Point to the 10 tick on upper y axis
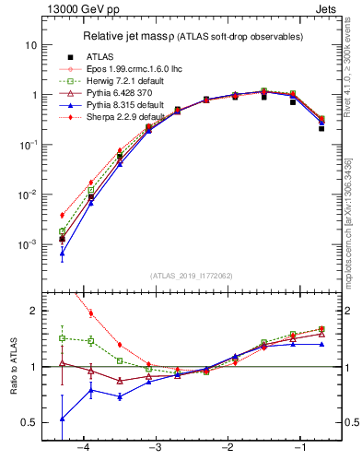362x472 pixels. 30,45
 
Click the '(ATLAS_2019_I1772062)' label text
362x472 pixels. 192,275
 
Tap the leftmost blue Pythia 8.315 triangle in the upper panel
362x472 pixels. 62,253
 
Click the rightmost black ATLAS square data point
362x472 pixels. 321,128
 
